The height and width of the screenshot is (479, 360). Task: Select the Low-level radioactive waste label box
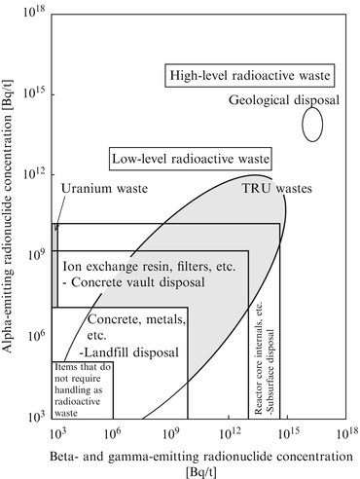(x=189, y=158)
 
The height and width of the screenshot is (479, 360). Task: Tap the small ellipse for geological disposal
(x=312, y=124)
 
